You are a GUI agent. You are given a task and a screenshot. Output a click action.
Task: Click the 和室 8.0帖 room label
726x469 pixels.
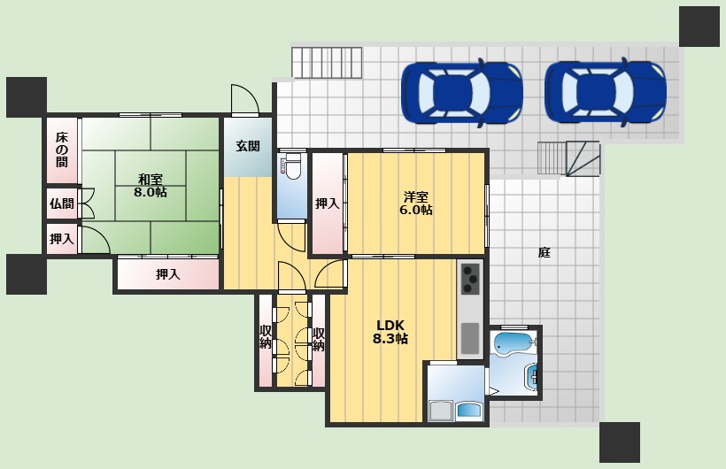[151, 185]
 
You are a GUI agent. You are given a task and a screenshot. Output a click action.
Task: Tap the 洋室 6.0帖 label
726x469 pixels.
[416, 204]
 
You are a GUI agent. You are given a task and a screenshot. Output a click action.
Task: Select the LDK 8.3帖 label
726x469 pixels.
[390, 332]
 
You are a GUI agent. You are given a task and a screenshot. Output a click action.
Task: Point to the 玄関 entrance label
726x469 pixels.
[248, 146]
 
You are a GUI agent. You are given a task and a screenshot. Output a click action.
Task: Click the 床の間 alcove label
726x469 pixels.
[62, 150]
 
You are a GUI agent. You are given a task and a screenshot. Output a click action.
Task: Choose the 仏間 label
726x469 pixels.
[62, 204]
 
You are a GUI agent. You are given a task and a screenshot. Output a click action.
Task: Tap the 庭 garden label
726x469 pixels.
[544, 253]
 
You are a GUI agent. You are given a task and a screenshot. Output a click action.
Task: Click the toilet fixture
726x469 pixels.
[291, 166]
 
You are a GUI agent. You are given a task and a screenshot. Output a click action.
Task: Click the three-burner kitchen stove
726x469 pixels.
[470, 279]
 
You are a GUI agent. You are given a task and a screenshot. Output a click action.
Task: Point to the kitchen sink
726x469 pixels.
[470, 338]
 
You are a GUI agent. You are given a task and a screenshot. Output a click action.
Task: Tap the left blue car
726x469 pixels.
[461, 93]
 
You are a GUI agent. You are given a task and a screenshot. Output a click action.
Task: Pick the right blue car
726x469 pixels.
[606, 93]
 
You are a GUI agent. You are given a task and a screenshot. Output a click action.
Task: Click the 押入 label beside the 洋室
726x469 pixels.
[328, 204]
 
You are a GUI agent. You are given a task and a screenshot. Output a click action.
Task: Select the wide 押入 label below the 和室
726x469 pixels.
[167, 274]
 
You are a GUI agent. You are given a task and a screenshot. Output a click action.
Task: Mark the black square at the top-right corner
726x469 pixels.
[699, 27]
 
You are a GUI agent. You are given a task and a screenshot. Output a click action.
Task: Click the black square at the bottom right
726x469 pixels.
[620, 442]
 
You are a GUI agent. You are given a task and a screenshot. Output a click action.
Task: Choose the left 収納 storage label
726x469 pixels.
[266, 337]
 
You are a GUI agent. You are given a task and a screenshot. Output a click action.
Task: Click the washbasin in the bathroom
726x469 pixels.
[531, 377]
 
